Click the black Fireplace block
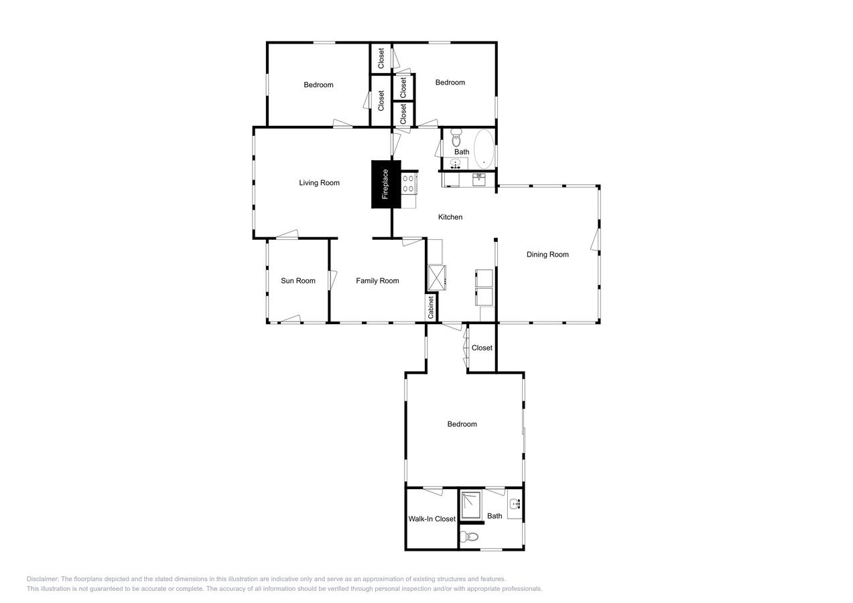tap(385, 184)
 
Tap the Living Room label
tap(319, 183)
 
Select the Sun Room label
tap(298, 281)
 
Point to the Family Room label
tap(377, 281)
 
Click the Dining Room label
tap(547, 255)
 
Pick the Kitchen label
tap(450, 217)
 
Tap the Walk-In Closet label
tap(432, 519)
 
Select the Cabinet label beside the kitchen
tap(431, 307)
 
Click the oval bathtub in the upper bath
tap(484, 149)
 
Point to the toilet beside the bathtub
tap(456, 139)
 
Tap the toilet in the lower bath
tap(470, 537)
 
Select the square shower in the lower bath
tap(471, 506)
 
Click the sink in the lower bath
tap(515, 504)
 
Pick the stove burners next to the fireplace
tap(407, 184)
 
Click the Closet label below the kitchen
tap(482, 348)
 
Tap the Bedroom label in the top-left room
tap(318, 85)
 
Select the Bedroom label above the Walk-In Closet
tap(462, 424)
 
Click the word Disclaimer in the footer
tap(43, 579)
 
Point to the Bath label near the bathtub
tap(462, 152)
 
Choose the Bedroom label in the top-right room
tap(450, 82)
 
